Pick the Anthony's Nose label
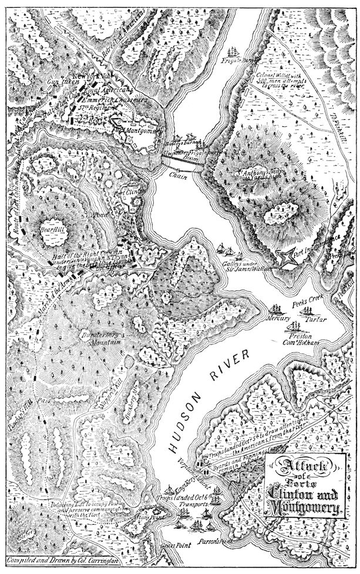pos(257,174)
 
